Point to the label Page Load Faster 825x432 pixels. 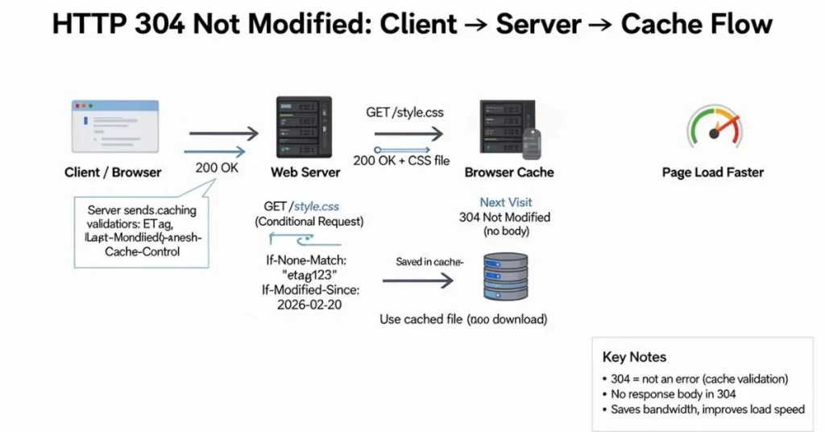[x=712, y=172]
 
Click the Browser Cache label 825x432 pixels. [x=509, y=172]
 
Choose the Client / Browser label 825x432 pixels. [x=113, y=172]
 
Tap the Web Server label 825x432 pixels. [x=305, y=172]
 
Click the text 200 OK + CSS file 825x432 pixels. [x=401, y=160]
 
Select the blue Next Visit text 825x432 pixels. [x=505, y=202]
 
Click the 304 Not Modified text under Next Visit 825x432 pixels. [x=504, y=217]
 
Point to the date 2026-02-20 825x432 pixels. [x=310, y=305]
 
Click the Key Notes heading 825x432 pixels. [x=634, y=357]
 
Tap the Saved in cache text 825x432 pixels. [x=427, y=262]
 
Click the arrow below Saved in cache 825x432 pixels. [x=417, y=280]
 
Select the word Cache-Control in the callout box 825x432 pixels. [x=142, y=251]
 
